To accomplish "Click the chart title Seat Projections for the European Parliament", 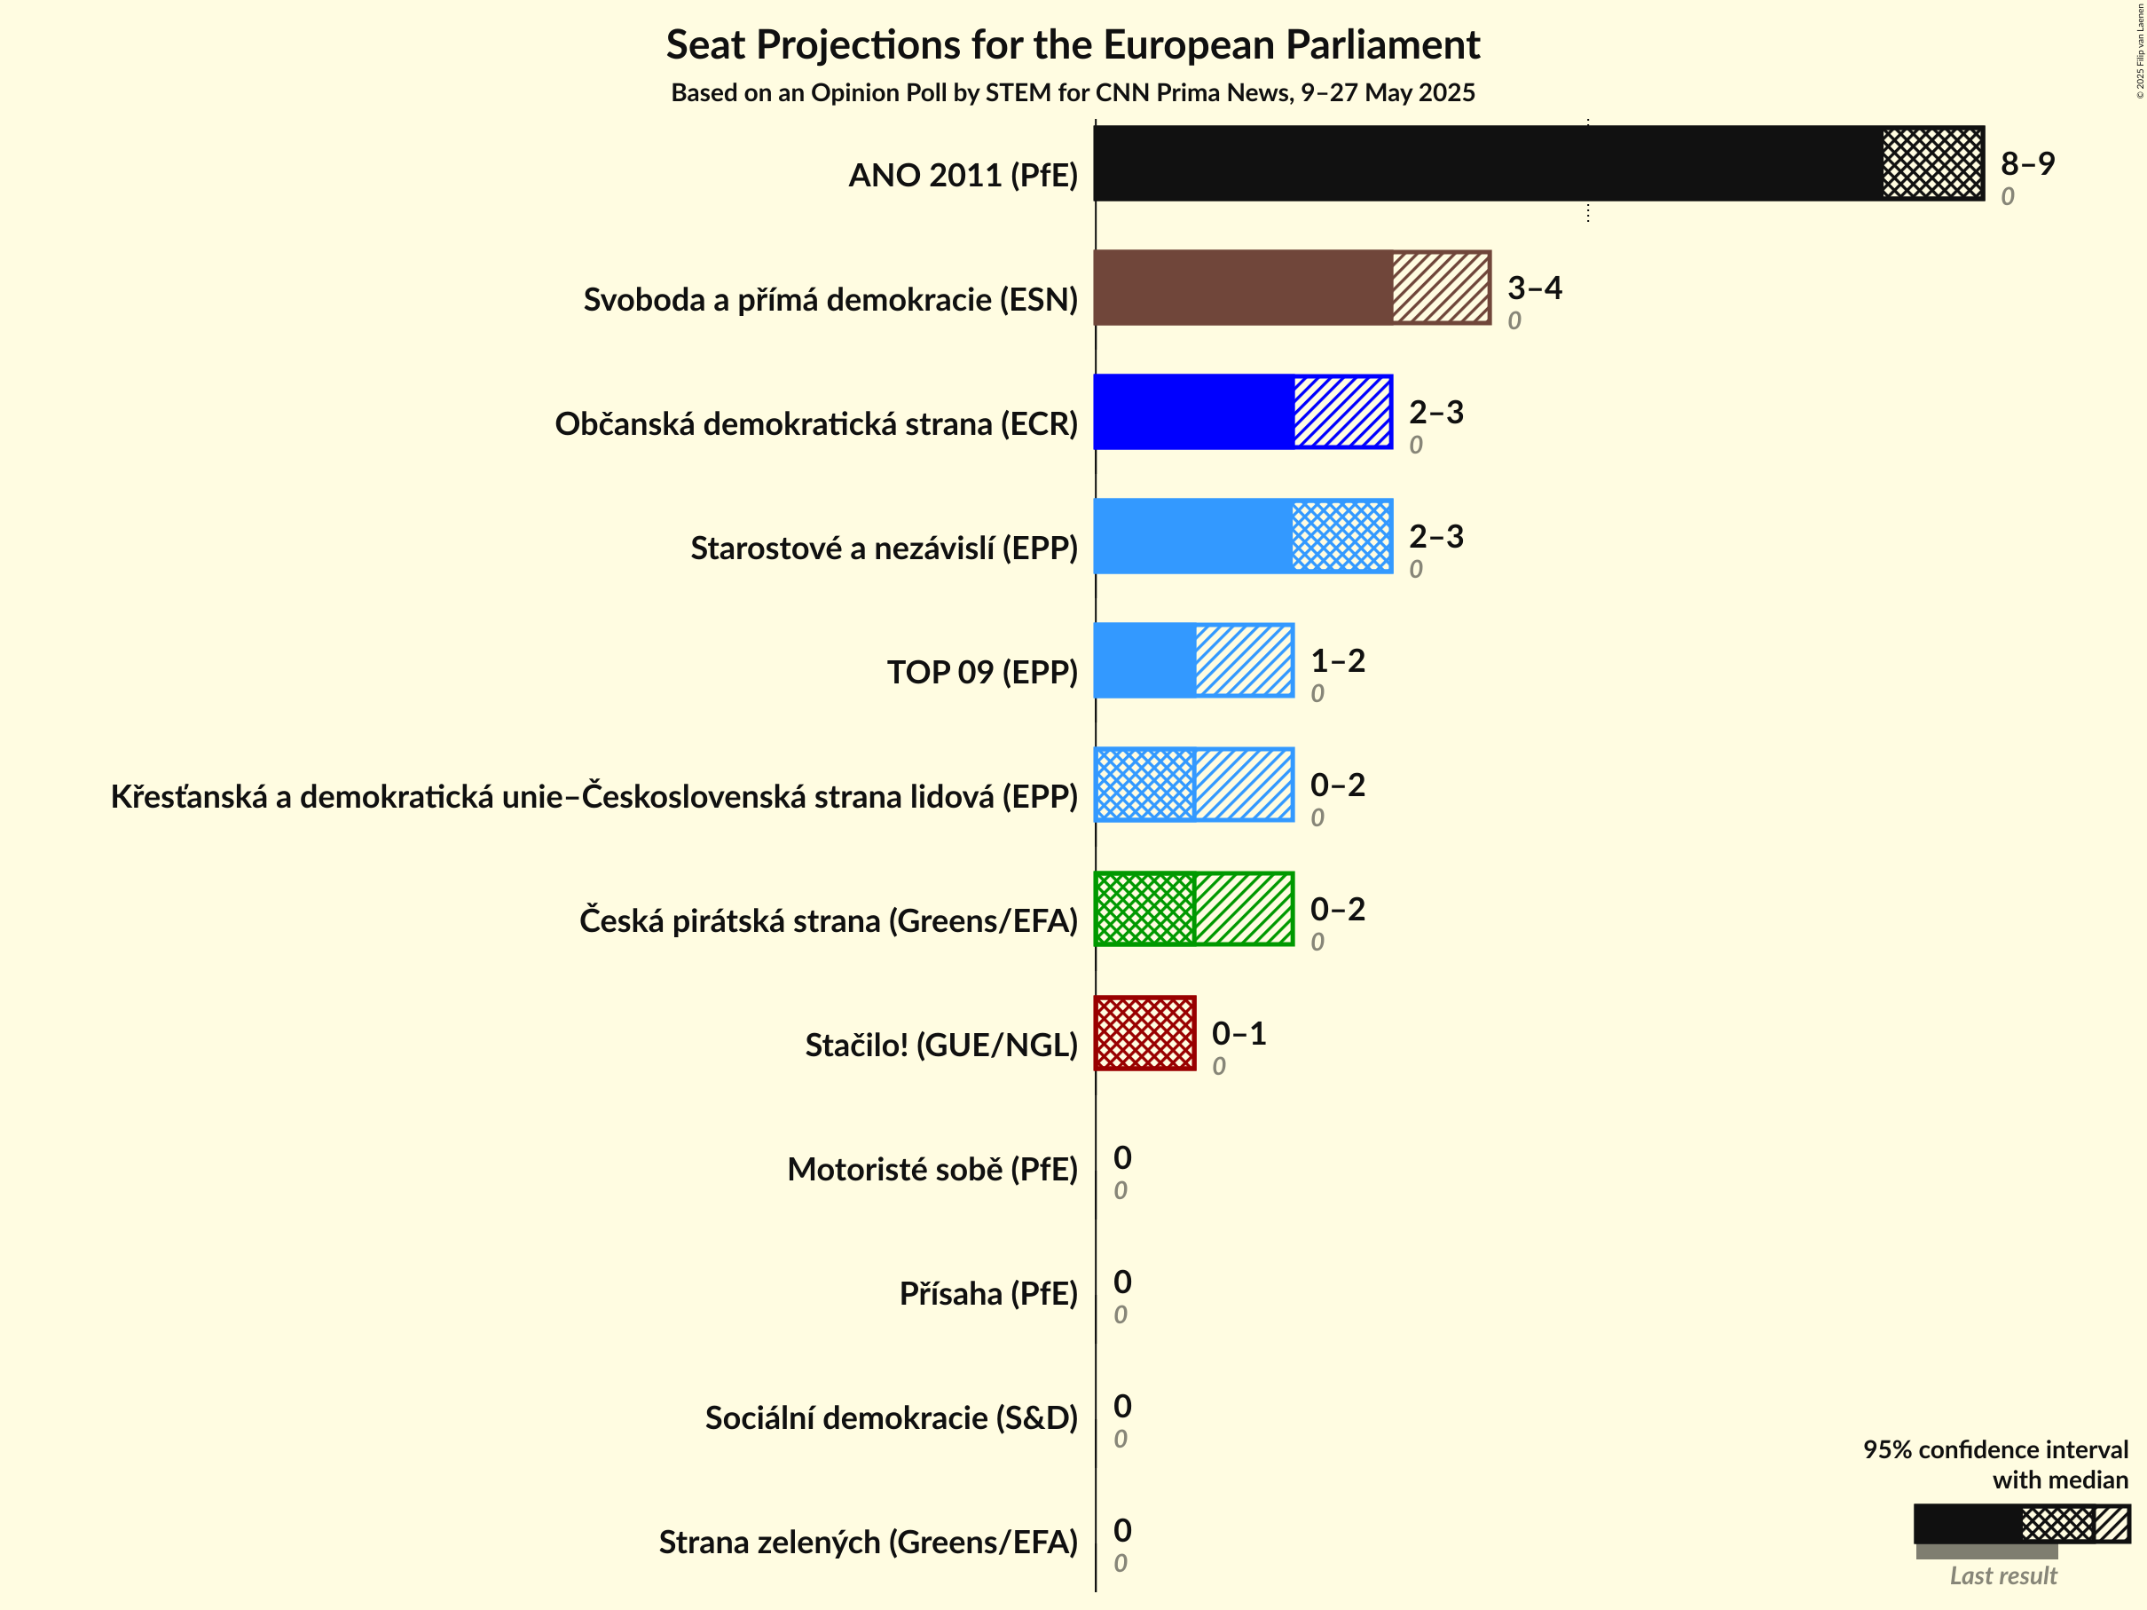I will (1073, 44).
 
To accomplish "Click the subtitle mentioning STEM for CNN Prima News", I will (1073, 92).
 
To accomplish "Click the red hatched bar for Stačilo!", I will (1144, 1033).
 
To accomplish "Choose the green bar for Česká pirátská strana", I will (1194, 909).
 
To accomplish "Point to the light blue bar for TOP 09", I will (1194, 660).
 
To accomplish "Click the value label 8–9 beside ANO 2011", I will (2027, 163).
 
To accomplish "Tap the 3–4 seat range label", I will (1535, 288).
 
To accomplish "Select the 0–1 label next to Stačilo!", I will (1239, 1033).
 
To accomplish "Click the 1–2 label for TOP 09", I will (1338, 660).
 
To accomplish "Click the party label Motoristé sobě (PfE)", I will (932, 1169).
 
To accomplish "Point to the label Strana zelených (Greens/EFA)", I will (868, 1542).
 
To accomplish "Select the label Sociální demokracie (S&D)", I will (891, 1417).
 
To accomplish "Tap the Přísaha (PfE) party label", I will (988, 1293).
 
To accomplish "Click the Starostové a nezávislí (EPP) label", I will (884, 548).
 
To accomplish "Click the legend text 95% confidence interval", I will (1994, 1449).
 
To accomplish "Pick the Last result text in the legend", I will (2003, 1576).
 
